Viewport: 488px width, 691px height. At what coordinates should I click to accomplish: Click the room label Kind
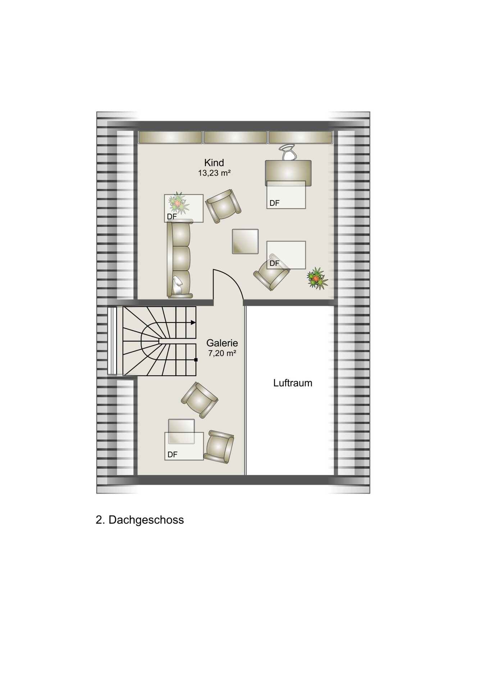tap(214, 163)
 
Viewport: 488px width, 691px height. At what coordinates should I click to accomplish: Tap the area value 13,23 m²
tap(214, 173)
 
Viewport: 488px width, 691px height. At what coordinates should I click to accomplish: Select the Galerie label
tap(222, 343)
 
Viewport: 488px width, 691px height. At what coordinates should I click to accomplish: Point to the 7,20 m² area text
tap(222, 353)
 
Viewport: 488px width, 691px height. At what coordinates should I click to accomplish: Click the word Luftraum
tap(293, 383)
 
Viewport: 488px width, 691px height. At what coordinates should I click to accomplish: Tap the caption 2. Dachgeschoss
tap(140, 520)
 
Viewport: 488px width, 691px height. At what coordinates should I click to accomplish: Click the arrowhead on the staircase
tap(193, 322)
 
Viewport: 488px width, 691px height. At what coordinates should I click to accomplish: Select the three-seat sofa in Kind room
tap(179, 260)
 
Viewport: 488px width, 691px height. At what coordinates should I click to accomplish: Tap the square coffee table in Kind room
tap(245, 241)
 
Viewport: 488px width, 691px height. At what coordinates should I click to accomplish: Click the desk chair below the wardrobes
tap(288, 152)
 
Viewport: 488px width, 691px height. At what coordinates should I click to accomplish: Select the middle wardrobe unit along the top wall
tap(236, 137)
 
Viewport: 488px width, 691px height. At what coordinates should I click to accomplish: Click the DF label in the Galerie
tap(173, 455)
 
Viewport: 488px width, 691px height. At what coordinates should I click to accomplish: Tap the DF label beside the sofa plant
tap(172, 217)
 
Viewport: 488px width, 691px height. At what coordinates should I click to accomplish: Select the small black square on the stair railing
tap(196, 360)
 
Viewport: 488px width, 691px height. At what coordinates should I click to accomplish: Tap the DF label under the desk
tap(274, 203)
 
